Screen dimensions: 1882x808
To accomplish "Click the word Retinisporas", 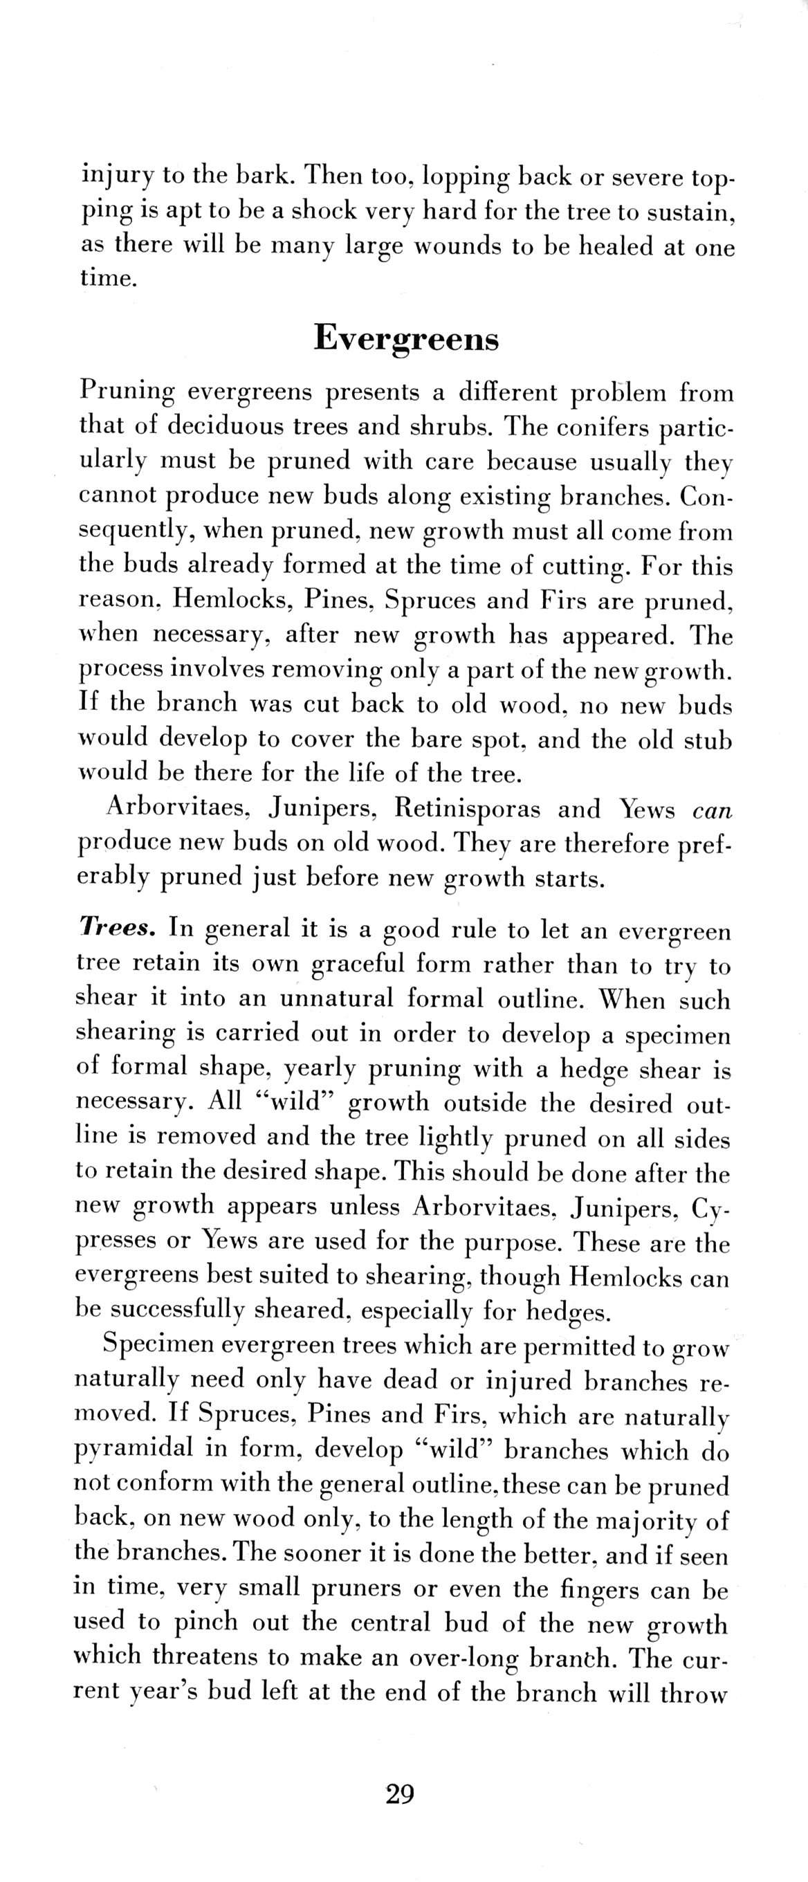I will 468,809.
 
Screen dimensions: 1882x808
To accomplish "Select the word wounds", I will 457,246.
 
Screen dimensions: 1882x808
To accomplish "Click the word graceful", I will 357,964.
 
